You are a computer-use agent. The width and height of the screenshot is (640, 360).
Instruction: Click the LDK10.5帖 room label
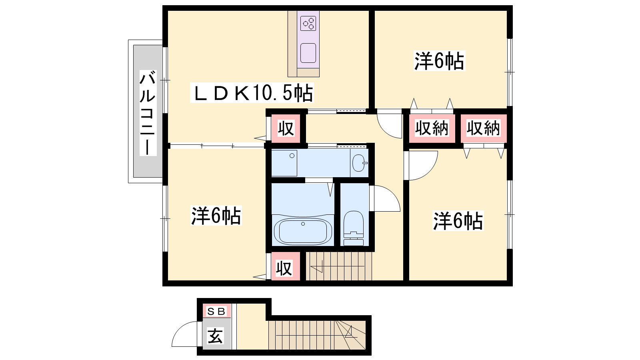coord(252,92)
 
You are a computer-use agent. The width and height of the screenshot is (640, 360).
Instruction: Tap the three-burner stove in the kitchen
coord(308,24)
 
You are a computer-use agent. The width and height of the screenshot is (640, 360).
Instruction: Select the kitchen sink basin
coord(308,53)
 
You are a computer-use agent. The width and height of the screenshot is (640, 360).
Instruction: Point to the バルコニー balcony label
coord(148,112)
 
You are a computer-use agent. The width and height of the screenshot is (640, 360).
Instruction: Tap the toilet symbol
coord(354,228)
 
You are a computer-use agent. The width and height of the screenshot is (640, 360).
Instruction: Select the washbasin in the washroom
coord(360,163)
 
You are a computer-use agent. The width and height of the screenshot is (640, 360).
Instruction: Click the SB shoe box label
coord(216,311)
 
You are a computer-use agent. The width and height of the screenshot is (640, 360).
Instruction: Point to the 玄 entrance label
coord(215,336)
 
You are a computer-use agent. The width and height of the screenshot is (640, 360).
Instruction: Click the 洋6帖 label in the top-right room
coord(440,61)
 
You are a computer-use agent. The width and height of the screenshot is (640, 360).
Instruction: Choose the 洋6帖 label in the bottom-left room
coord(216,215)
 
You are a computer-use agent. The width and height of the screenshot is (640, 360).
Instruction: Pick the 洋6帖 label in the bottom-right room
coord(458,220)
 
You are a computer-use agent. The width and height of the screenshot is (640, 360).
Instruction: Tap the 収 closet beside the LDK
coord(286,128)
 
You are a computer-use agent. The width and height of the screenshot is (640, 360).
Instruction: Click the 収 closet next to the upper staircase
coord(284,268)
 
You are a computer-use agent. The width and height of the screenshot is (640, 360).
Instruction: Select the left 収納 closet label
coord(432,128)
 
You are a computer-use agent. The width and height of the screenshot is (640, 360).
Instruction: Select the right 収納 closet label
coord(484,128)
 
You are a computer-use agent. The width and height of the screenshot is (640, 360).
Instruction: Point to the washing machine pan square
coord(284,163)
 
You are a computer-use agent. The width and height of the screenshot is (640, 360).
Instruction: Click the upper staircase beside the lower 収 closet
coord(339,266)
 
